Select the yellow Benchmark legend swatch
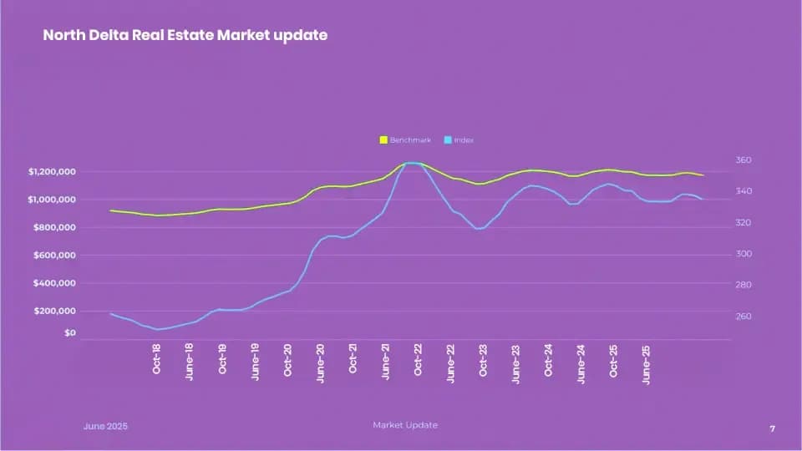click(383, 140)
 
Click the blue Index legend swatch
click(448, 140)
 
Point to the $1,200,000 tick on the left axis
click(53, 172)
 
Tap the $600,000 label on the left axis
click(56, 256)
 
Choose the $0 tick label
click(69, 333)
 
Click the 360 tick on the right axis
click(744, 160)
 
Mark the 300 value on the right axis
click(744, 254)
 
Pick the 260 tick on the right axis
click(744, 317)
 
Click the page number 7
click(772, 428)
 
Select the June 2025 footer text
click(105, 426)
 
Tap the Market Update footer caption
click(404, 425)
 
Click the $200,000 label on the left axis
click(56, 312)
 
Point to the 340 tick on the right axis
click(744, 191)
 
